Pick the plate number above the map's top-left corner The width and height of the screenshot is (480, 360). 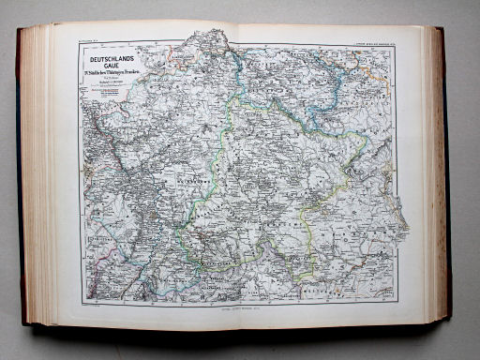91,39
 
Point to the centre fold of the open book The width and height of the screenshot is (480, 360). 240,178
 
